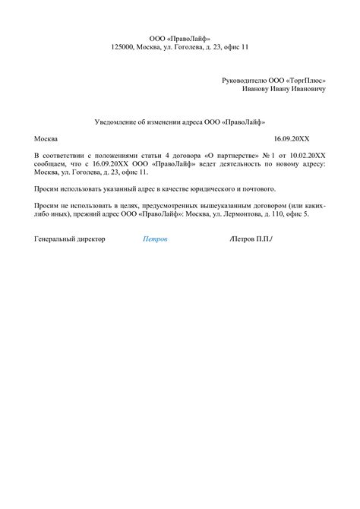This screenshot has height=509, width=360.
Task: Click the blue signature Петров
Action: click(155, 239)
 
